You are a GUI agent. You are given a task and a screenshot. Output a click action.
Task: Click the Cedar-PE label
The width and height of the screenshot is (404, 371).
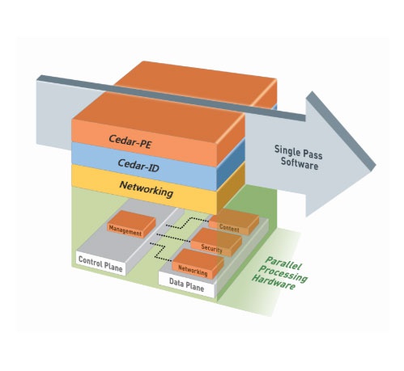[130, 141]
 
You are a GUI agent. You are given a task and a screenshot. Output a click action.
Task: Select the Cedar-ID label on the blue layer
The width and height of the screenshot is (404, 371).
[138, 165]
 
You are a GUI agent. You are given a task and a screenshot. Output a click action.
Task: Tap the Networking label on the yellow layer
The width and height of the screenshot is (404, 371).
[146, 189]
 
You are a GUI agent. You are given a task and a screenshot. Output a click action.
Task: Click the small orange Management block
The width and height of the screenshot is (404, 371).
[131, 224]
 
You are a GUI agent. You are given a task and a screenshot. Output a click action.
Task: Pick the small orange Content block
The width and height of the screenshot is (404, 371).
[234, 221]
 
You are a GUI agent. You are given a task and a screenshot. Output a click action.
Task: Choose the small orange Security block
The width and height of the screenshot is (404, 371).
[216, 242]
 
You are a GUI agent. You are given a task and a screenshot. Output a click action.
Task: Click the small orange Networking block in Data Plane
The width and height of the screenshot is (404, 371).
[198, 263]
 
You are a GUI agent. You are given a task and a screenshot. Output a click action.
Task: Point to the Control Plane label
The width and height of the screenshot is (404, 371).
[100, 263]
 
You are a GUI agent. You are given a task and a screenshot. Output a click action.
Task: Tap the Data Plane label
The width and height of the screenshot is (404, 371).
[186, 285]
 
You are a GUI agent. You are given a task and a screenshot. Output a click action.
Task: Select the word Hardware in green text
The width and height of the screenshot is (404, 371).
[274, 282]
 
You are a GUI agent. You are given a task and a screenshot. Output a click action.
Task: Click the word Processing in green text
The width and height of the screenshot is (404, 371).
[283, 272]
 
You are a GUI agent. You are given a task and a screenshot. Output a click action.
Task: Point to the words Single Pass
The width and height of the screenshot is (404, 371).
[298, 152]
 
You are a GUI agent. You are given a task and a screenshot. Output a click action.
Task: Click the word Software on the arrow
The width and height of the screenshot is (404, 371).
[300, 163]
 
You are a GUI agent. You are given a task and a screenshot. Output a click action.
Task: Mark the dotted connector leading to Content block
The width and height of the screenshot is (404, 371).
[187, 223]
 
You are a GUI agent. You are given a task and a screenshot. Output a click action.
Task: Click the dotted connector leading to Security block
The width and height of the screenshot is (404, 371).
[174, 236]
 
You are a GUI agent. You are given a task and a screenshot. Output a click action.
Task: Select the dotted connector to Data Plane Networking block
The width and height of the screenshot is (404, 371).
[160, 252]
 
